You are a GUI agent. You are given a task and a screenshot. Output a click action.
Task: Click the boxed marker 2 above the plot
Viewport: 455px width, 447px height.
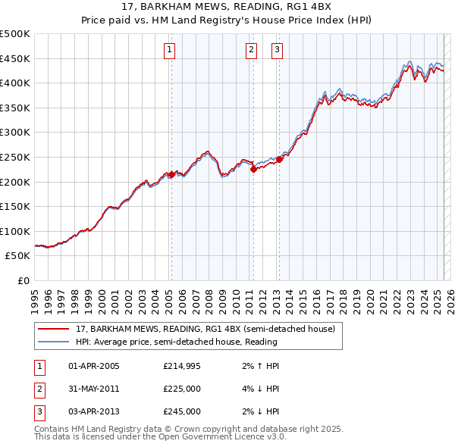(251, 51)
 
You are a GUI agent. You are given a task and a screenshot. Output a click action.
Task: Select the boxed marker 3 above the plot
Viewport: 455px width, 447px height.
(277, 51)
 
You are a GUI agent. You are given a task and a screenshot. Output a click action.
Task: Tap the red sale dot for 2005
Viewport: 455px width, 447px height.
(171, 174)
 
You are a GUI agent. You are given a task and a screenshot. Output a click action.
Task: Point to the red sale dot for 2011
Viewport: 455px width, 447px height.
(253, 170)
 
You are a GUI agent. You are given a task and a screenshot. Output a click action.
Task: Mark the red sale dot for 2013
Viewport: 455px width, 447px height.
(279, 159)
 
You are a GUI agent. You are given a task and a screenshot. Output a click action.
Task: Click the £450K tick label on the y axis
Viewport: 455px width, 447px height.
(15, 58)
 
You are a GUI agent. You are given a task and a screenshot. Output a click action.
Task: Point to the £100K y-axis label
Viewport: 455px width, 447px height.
(15, 231)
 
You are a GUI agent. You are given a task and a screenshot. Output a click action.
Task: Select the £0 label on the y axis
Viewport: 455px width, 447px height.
(24, 280)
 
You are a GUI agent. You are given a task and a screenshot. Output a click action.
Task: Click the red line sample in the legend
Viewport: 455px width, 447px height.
(55, 329)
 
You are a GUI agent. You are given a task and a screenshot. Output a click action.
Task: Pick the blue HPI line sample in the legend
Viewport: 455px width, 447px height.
(55, 342)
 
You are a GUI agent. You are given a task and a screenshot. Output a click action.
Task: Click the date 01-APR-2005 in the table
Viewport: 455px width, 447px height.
(94, 366)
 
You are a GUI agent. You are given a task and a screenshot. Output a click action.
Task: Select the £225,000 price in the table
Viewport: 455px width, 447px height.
(182, 389)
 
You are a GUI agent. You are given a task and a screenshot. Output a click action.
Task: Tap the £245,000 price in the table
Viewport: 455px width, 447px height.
(182, 411)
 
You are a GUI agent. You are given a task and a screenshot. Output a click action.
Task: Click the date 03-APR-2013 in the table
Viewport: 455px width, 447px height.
(94, 411)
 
